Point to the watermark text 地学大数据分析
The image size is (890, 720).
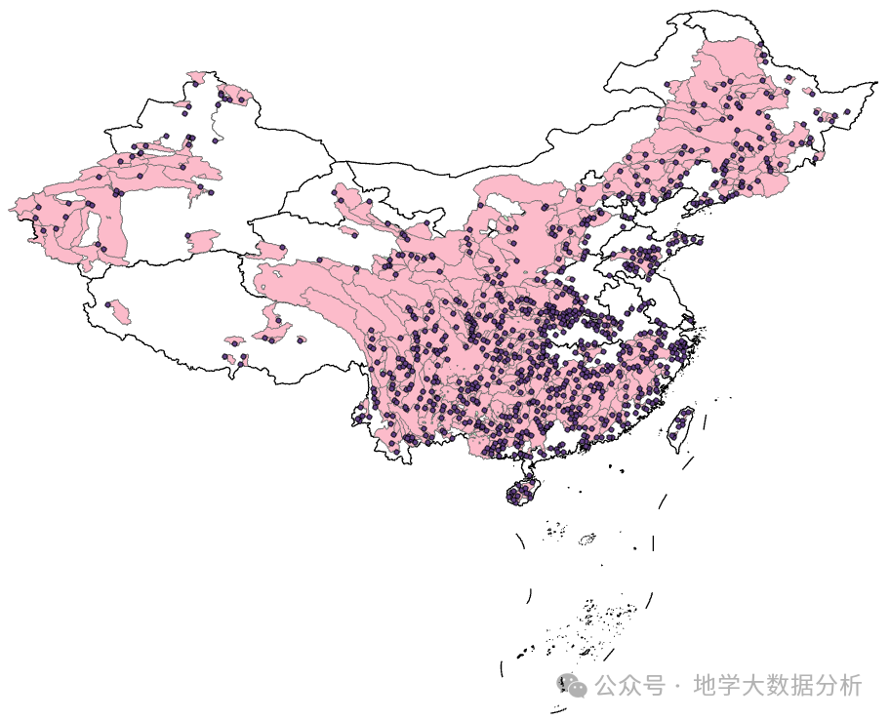(x=778, y=685)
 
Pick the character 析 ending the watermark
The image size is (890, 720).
(x=851, y=685)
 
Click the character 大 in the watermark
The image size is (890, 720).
(x=753, y=685)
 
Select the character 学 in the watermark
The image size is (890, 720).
(x=729, y=685)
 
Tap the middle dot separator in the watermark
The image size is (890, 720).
(x=678, y=685)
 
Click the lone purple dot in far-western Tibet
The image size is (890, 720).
(x=108, y=304)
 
